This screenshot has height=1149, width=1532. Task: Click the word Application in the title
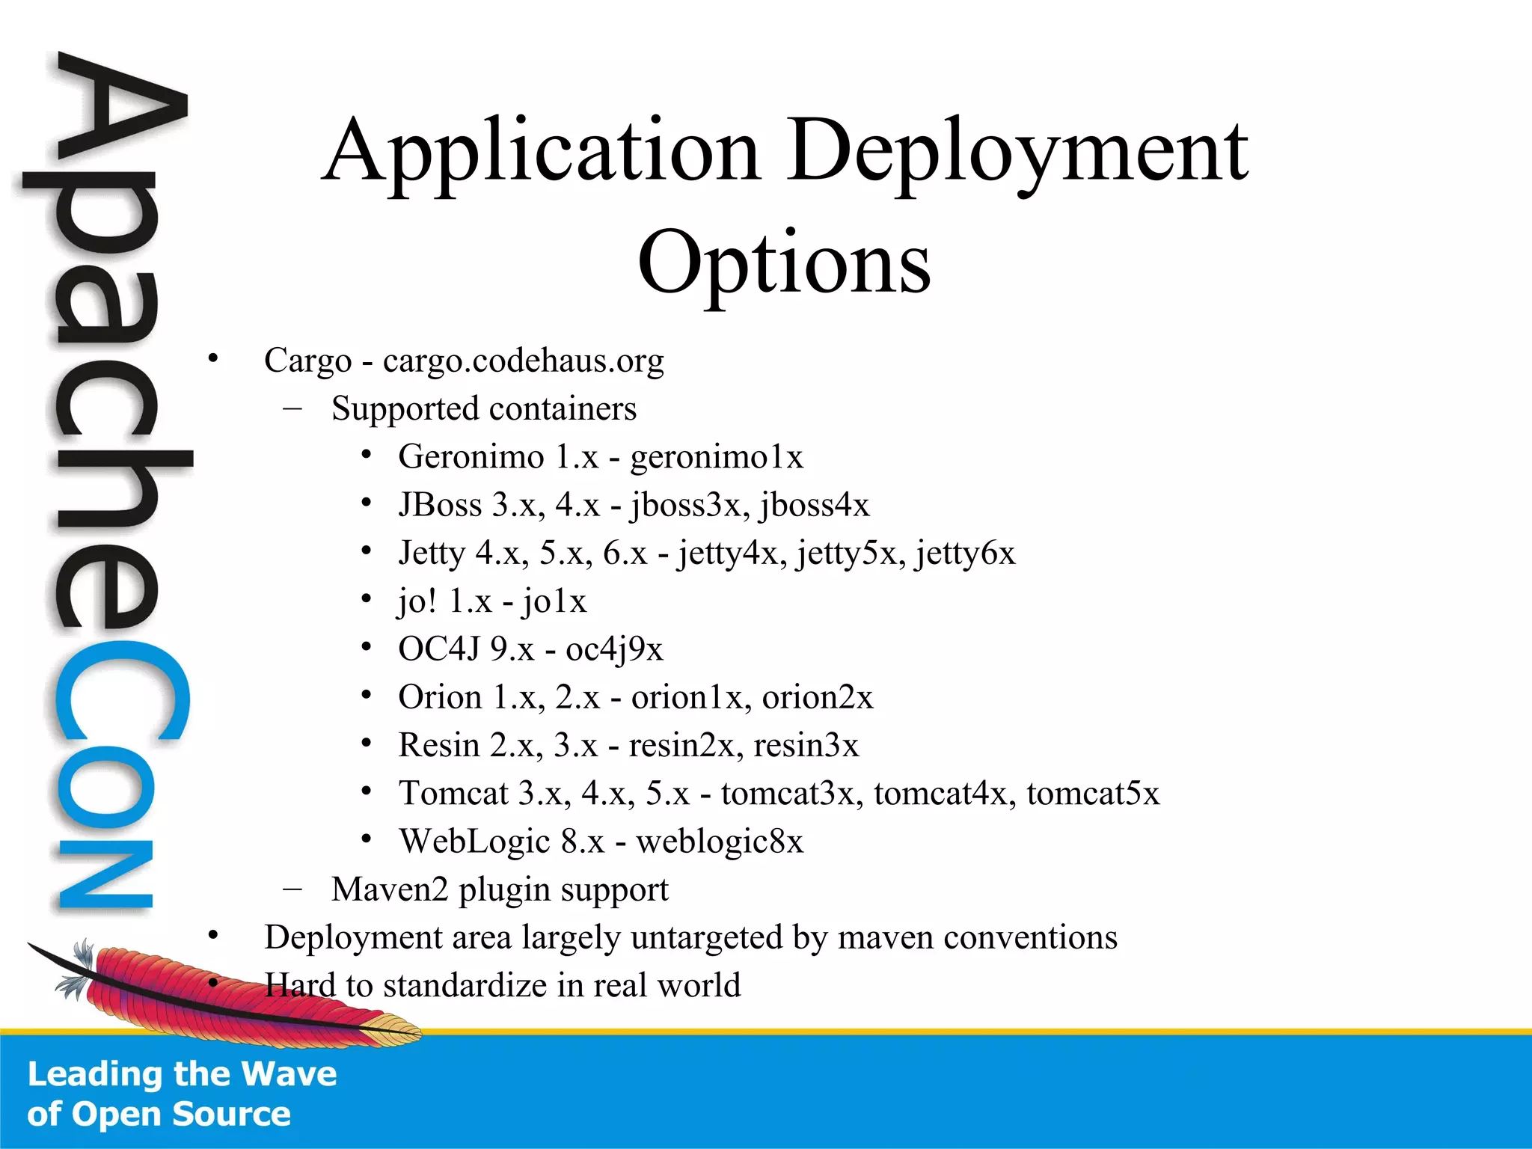pos(542,153)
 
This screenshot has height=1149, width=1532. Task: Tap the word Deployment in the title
pos(1018,153)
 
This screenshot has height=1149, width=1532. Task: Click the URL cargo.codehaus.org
pos(523,361)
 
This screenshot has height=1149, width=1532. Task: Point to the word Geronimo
pos(471,456)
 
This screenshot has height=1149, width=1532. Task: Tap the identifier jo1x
pos(554,601)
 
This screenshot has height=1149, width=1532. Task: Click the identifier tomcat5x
pos(1093,794)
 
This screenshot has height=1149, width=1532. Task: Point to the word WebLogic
pos(474,842)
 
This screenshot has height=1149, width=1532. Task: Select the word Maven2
pos(390,889)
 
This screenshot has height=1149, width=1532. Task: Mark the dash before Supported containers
pos(292,408)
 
